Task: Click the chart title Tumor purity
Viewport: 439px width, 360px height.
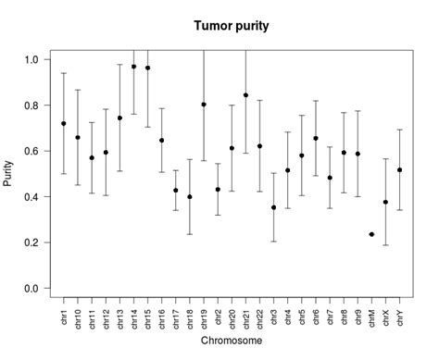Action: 231,26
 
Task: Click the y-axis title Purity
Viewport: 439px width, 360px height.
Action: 9,174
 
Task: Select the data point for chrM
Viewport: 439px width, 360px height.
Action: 371,235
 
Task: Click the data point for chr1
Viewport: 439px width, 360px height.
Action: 64,123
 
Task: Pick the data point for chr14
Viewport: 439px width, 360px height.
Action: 133,67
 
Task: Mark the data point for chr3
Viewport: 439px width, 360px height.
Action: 274,207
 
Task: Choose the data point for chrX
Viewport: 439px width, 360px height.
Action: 385,203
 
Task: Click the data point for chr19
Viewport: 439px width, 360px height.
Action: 204,105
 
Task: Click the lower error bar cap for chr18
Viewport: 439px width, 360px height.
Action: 190,234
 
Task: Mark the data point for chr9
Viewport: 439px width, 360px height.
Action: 357,154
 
